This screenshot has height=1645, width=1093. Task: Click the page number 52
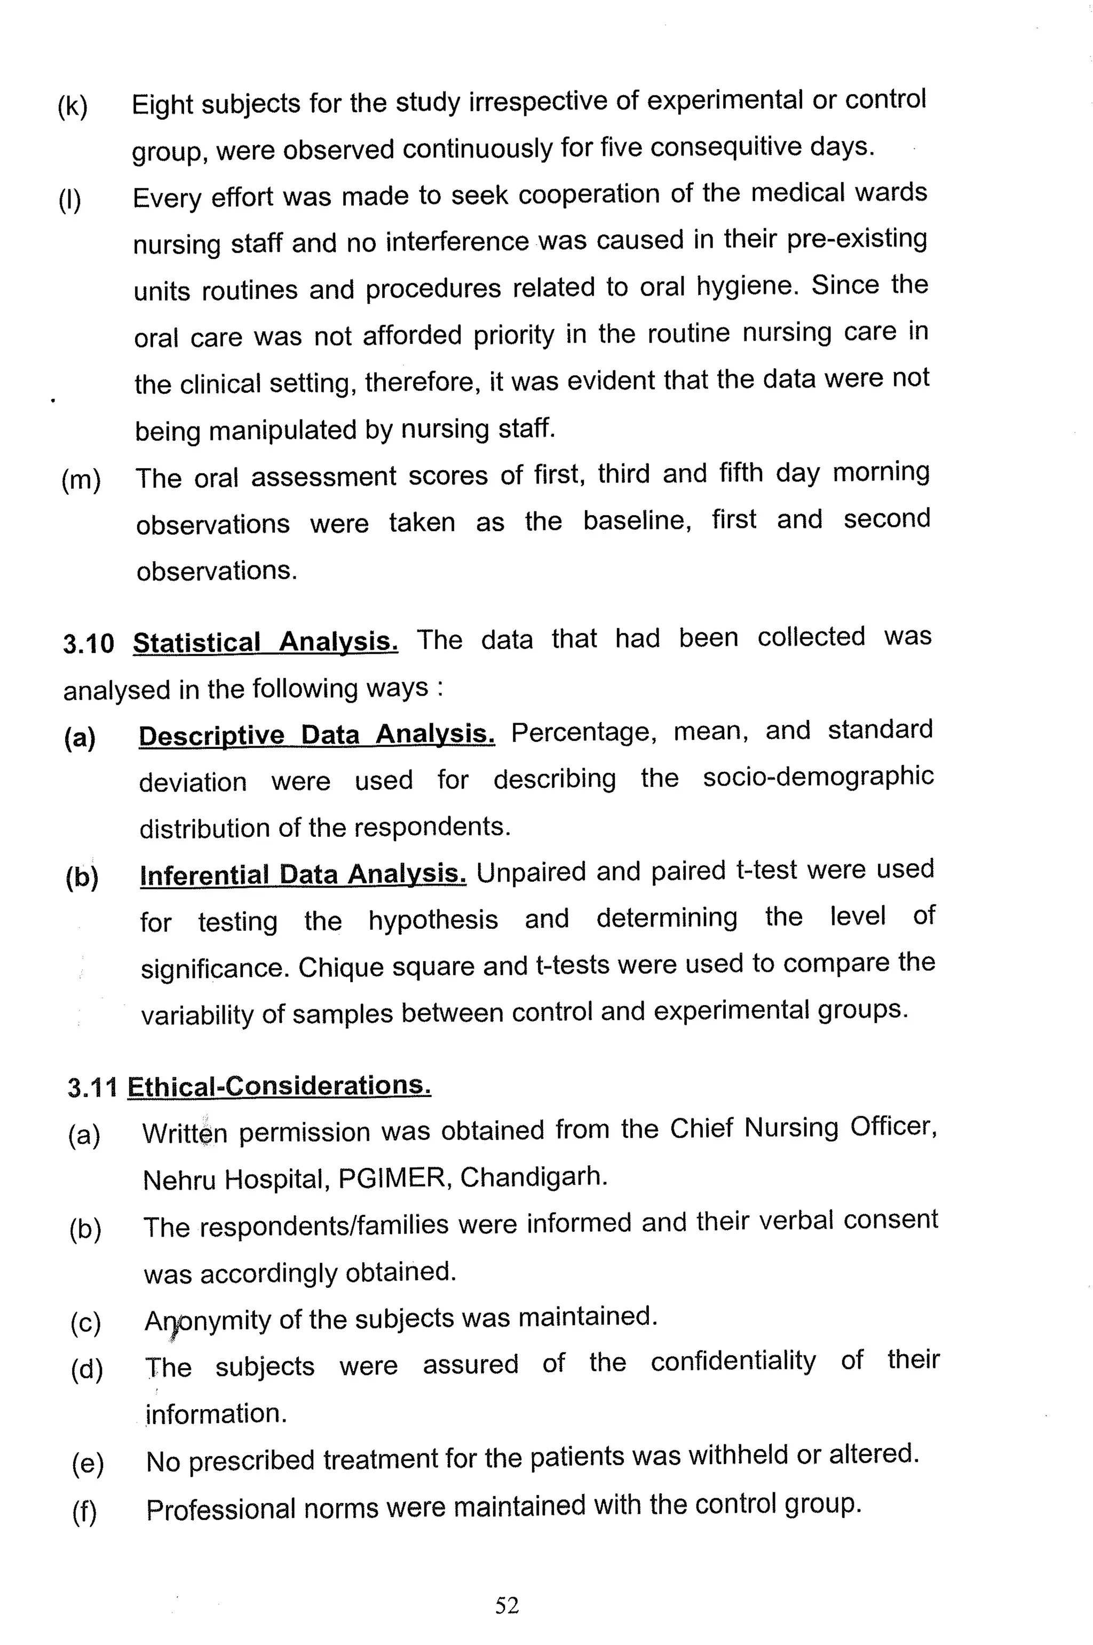[507, 1606]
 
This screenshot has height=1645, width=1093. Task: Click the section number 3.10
[88, 643]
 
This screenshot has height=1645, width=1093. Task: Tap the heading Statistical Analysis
[266, 641]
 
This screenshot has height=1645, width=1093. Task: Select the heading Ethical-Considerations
[279, 1087]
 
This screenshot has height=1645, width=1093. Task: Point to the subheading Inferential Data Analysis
[303, 874]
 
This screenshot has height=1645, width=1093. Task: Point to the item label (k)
[73, 107]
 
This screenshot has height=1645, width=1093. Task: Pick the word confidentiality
[733, 1361]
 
